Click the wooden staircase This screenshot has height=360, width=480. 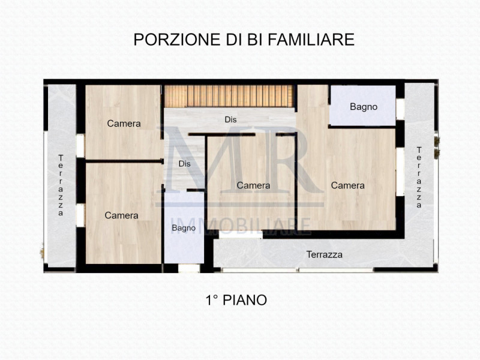(x=229, y=96)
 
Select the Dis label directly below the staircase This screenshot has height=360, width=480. (x=230, y=119)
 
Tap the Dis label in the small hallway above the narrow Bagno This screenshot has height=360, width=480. (x=185, y=163)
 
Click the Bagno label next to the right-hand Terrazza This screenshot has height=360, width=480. (x=364, y=107)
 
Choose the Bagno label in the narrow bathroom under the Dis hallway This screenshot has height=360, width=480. (x=184, y=228)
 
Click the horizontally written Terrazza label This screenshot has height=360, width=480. (x=324, y=254)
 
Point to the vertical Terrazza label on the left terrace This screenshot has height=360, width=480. (x=61, y=185)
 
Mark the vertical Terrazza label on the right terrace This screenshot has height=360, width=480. (x=419, y=177)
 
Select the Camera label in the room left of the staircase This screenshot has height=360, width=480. (x=124, y=124)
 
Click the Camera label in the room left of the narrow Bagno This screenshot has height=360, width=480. (x=121, y=215)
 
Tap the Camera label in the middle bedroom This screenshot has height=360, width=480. (x=253, y=185)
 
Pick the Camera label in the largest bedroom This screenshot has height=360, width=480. (x=347, y=185)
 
